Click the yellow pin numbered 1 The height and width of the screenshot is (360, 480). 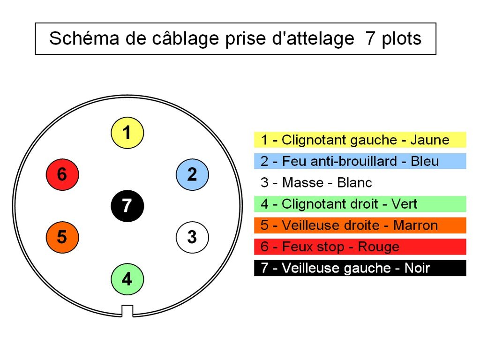click(127, 133)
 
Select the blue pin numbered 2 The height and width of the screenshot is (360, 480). click(192, 174)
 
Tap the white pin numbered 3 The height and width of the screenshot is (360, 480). click(192, 237)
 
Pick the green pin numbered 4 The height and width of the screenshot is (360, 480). click(127, 279)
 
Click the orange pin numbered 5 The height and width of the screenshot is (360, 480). click(62, 237)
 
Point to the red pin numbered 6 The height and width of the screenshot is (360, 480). click(62, 174)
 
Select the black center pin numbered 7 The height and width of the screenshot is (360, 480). click(127, 206)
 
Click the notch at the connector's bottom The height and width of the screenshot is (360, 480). click(127, 311)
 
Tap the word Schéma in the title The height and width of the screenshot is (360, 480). click(84, 38)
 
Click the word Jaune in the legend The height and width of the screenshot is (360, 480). click(430, 140)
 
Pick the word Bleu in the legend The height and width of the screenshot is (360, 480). click(425, 161)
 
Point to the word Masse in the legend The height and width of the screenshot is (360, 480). click(302, 183)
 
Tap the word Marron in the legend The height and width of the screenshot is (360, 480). click(415, 225)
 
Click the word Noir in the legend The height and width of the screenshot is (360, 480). click(417, 268)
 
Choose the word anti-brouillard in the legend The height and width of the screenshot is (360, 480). click(353, 161)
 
